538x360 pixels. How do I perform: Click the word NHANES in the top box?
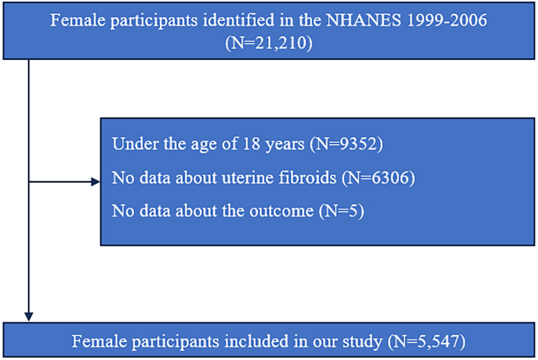363,20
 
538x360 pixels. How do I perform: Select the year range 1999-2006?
446,20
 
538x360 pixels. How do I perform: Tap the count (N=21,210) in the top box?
269,43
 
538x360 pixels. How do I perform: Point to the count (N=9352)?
346,144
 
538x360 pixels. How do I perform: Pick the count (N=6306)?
378,178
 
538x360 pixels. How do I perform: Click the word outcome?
281,211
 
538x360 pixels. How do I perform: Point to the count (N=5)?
341,211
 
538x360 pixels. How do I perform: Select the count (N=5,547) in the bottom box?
426,342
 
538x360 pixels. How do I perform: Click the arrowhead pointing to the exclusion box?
95,182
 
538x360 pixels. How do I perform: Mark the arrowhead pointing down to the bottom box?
29,317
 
